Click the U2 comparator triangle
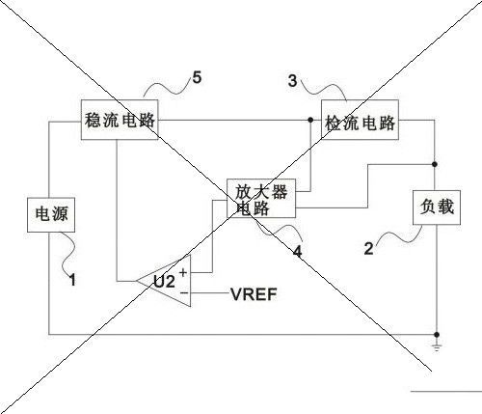coord(164,281)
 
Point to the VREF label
coord(254,294)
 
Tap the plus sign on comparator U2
coord(183,272)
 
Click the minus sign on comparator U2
coord(183,292)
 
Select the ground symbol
coord(437,346)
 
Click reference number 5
coord(197,77)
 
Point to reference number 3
coord(292,80)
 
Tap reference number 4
coord(298,251)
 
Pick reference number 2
coord(369,248)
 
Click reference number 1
coord(72,280)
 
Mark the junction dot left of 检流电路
coord(310,120)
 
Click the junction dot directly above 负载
coord(435,164)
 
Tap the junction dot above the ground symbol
coord(437,335)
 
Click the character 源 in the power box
coord(60,214)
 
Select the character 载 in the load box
coord(445,207)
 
